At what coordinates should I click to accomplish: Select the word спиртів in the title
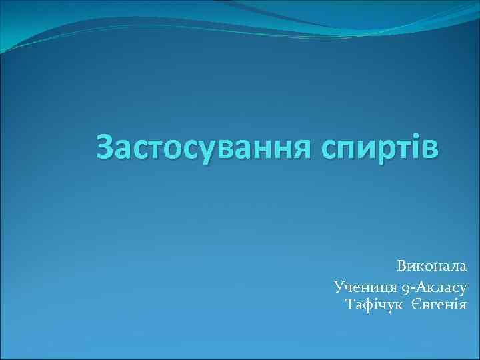coord(380,147)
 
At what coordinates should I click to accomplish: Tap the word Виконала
coord(432,265)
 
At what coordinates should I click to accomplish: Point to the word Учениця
coord(366,287)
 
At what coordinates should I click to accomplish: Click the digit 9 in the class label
coord(407,288)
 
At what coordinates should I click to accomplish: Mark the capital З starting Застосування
coord(106,147)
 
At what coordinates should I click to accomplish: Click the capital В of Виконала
coord(403,265)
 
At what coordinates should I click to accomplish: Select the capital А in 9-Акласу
coord(421,287)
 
